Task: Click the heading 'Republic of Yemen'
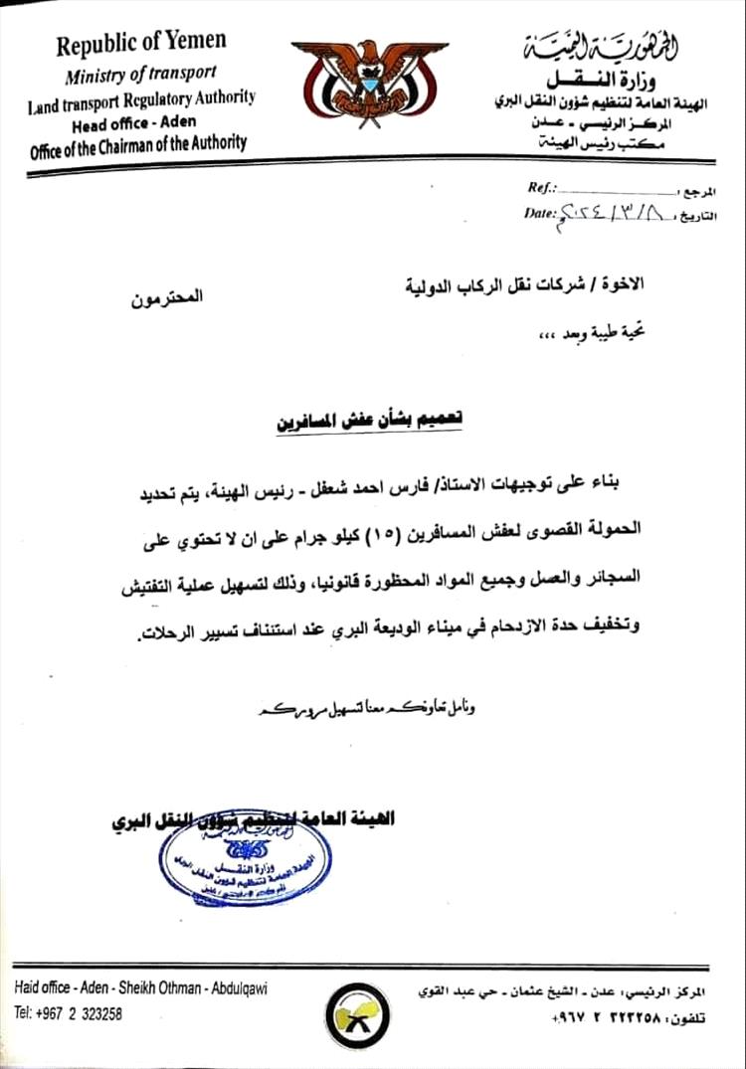(x=140, y=44)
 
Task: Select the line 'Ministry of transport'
(x=140, y=74)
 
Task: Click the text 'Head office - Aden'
(x=134, y=123)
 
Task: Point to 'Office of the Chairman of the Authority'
(x=138, y=143)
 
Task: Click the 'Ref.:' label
(x=542, y=188)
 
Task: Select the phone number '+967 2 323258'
(x=69, y=1013)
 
